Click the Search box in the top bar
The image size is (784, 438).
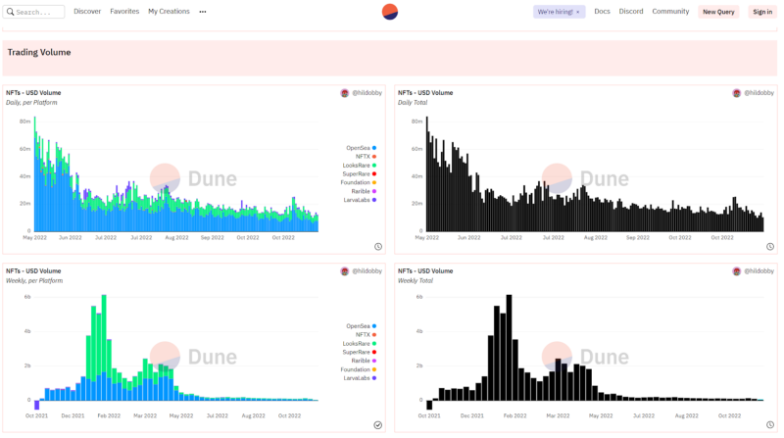[35, 12]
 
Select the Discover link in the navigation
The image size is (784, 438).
[87, 12]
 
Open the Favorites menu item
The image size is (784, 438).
[124, 12]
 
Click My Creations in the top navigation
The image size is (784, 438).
[169, 12]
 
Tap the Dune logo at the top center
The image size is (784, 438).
[390, 12]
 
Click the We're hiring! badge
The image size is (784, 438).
[559, 12]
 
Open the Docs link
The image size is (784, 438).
[602, 12]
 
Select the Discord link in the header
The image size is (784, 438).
[631, 12]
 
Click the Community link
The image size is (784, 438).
[670, 12]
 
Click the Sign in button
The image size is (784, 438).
[761, 12]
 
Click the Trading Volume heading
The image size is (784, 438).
[39, 52]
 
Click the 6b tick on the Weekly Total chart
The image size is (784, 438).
[418, 296]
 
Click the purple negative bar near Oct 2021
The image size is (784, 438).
[36, 405]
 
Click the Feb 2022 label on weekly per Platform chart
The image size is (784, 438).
[108, 415]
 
